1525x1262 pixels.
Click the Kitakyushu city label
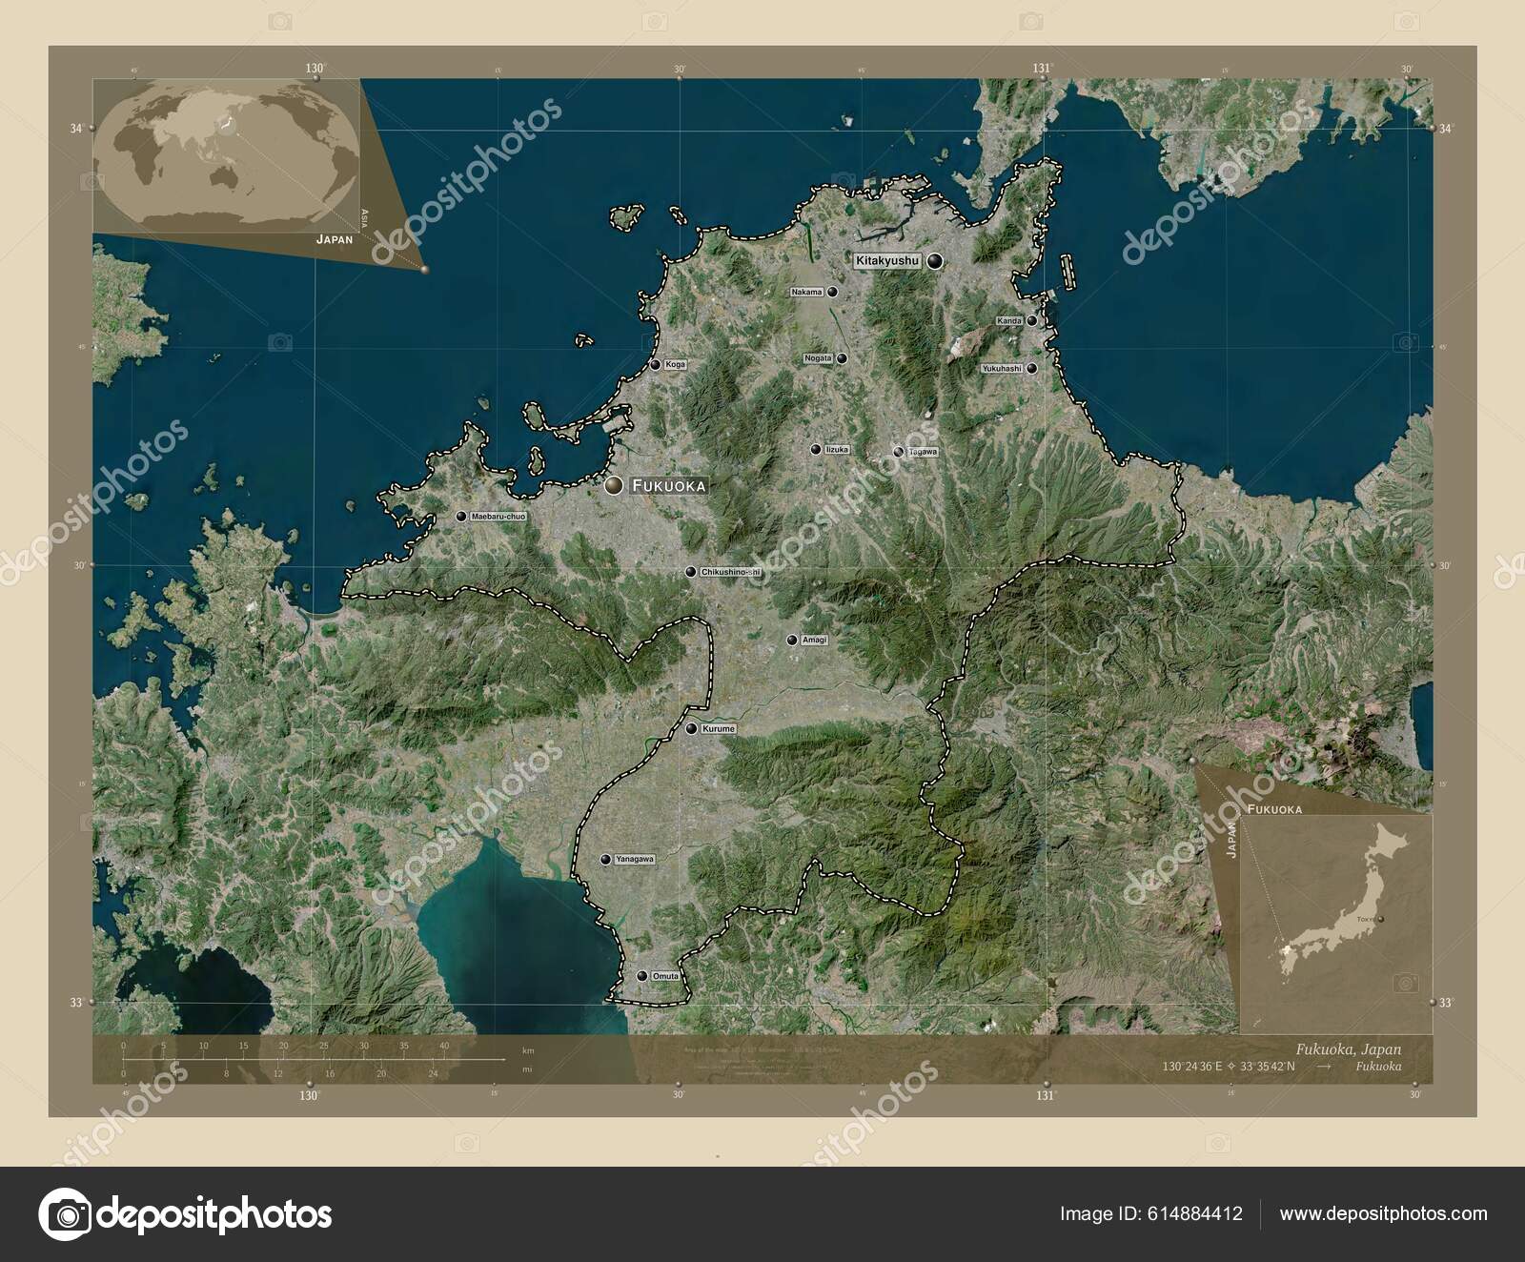[886, 260]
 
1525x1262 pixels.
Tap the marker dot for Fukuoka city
[614, 486]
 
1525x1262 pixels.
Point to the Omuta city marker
[642, 976]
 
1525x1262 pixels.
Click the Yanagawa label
[635, 860]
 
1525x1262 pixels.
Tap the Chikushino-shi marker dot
[690, 572]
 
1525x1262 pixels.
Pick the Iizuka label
[837, 449]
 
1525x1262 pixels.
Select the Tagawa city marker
[899, 452]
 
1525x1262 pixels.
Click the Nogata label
[819, 358]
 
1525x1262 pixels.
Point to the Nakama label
[807, 293]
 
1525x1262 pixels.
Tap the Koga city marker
[656, 364]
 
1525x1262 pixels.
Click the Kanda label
[1009, 321]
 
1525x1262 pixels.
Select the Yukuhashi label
[1002, 368]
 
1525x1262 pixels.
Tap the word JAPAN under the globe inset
[335, 241]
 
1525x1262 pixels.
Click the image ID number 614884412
[1199, 1213]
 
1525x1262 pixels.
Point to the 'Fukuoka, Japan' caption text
[1347, 1048]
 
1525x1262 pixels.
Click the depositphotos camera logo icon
[64, 1214]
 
